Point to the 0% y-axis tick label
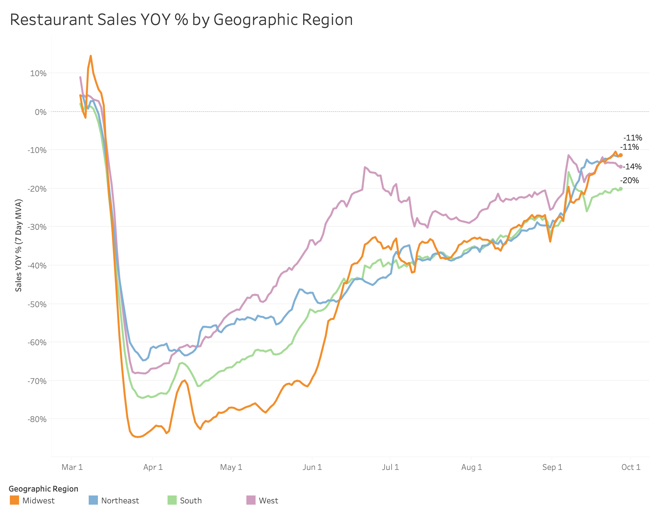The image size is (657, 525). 41,112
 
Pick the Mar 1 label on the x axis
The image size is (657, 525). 72,467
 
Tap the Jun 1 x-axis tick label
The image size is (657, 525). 312,467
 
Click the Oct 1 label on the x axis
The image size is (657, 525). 631,467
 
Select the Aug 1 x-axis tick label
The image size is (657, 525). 471,467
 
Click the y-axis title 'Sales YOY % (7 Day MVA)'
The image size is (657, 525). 19,245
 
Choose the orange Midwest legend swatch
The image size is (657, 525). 14,500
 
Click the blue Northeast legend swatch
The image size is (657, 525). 93,500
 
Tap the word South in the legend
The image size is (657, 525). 191,501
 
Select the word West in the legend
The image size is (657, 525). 268,501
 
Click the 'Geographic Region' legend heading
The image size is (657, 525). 44,489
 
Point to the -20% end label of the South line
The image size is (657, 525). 629,180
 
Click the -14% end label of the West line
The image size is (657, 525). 632,167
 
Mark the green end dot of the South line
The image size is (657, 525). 621,189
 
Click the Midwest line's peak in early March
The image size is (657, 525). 91,56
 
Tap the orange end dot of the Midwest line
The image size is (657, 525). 621,155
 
